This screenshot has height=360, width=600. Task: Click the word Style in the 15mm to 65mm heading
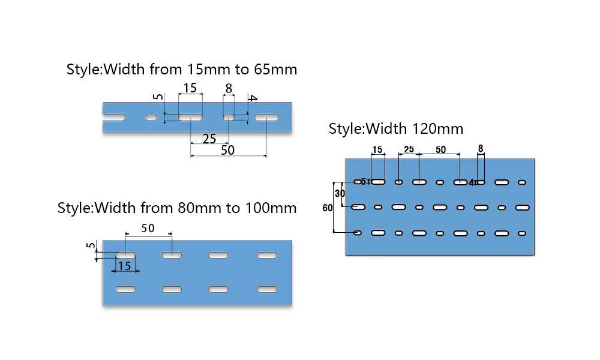83,69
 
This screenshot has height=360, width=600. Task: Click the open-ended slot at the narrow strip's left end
114,118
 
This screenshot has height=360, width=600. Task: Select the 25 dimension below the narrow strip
209,139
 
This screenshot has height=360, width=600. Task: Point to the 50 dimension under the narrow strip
227,151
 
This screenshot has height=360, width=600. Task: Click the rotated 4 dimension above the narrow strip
253,98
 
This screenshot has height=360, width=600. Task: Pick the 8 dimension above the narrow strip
229,89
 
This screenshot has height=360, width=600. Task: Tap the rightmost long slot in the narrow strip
266,118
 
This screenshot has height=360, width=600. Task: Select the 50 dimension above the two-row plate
148,229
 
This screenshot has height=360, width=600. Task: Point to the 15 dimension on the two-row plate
124,266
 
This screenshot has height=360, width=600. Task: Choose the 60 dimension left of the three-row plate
328,208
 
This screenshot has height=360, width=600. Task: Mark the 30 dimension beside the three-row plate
340,194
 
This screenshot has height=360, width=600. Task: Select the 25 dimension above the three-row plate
409,149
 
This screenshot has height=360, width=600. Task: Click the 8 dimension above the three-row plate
481,148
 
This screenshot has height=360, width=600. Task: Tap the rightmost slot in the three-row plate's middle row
521,207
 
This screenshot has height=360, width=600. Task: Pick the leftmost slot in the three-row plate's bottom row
358,232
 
